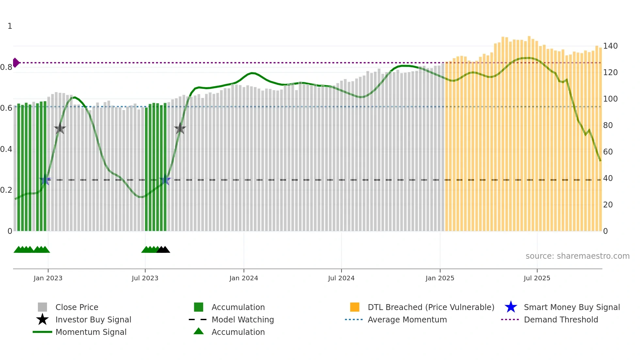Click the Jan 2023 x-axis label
(48, 278)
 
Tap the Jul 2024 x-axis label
(341, 278)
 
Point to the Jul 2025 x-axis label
(537, 278)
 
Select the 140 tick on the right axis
(610, 46)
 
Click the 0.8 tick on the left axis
(6, 67)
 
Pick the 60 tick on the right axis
(608, 152)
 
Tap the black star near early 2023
(60, 129)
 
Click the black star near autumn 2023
(180, 129)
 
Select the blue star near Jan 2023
(45, 180)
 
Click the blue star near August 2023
(165, 180)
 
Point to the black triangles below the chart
(163, 250)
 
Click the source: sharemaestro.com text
(577, 256)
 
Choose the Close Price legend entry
(77, 307)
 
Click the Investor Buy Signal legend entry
(93, 319)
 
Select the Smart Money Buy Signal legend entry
(571, 307)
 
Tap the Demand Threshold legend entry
(561, 319)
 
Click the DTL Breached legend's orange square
(355, 307)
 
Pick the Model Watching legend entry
(242, 319)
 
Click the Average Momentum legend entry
(407, 319)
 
